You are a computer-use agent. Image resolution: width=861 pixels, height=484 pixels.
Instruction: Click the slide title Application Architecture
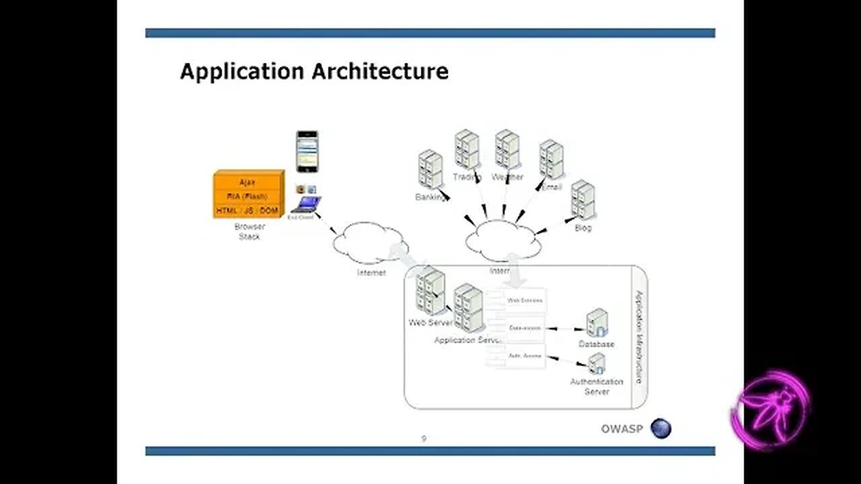coord(314,71)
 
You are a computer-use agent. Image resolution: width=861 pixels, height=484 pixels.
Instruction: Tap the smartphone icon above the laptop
coord(307,151)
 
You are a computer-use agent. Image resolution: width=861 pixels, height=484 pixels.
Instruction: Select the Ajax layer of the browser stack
coord(248,182)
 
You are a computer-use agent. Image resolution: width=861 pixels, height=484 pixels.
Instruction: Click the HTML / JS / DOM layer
coord(248,211)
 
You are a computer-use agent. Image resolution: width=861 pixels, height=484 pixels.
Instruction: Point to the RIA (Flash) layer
coord(248,196)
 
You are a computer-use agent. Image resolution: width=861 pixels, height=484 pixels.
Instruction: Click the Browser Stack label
coord(249,232)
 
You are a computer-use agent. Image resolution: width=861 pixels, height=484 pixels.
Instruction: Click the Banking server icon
coord(430,169)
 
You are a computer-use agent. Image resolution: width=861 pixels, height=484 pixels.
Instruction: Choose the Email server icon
coord(552,159)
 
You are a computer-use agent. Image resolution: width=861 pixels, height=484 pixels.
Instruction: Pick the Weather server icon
coord(507,149)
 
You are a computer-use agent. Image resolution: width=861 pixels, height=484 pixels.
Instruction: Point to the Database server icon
coord(597,323)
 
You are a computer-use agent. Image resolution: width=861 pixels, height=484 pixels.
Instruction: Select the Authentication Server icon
coord(596,364)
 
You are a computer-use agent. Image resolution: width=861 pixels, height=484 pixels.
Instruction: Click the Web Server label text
coord(430,323)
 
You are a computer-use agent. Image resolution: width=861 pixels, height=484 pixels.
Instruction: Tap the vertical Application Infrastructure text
coord(639,337)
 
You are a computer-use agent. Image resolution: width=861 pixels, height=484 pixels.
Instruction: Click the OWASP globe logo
coord(661,428)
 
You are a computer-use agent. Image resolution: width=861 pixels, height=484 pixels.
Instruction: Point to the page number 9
coord(424,439)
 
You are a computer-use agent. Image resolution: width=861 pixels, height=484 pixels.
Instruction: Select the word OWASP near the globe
coord(622,429)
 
